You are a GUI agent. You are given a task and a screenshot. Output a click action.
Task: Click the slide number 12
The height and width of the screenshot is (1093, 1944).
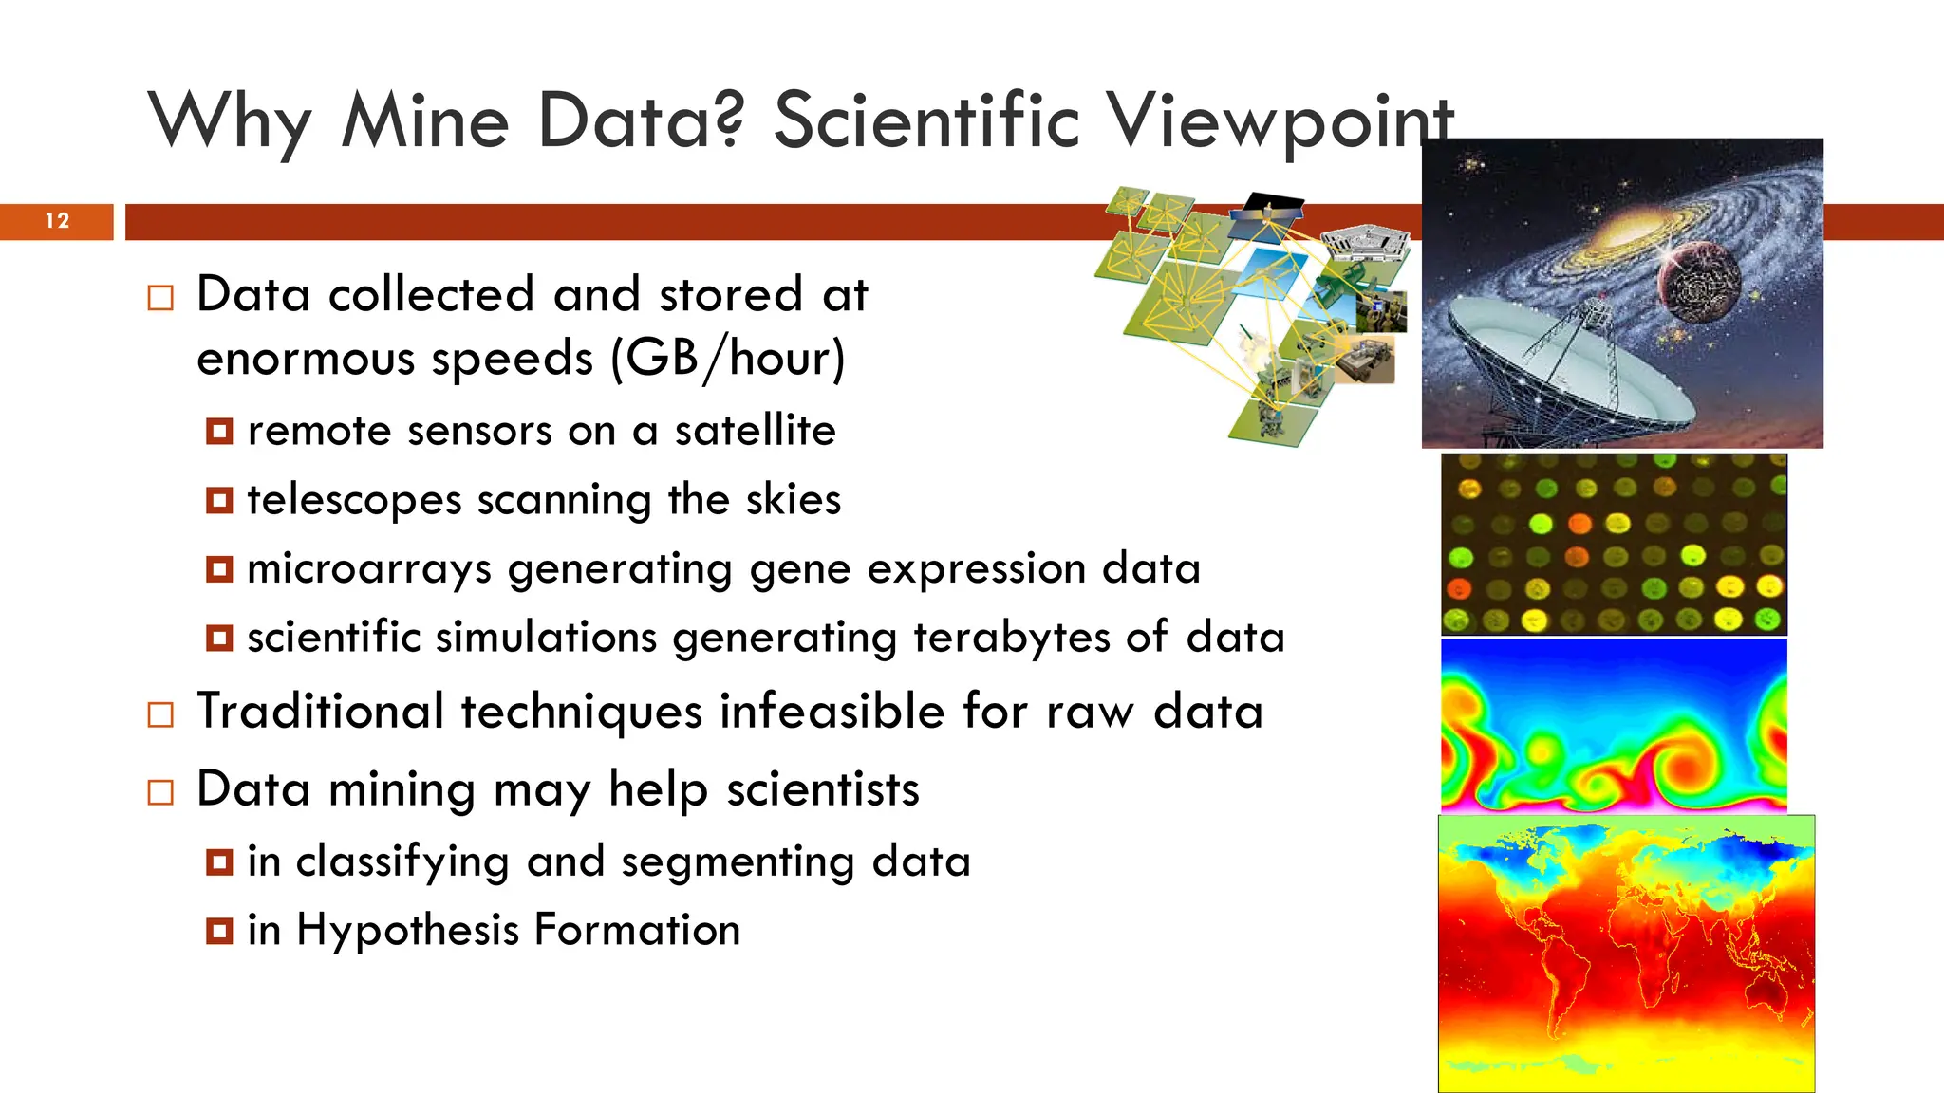(x=57, y=221)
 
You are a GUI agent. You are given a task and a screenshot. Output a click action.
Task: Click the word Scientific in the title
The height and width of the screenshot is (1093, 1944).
(x=926, y=121)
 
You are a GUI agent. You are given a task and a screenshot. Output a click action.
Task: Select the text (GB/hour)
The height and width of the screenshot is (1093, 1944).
(x=727, y=359)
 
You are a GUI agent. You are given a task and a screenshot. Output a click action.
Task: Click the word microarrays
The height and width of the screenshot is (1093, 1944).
(x=369, y=569)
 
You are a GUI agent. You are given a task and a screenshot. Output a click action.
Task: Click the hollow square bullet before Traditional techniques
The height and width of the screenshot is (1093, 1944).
(x=160, y=714)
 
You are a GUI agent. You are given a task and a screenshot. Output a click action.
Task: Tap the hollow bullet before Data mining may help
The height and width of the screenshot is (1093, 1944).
(x=160, y=792)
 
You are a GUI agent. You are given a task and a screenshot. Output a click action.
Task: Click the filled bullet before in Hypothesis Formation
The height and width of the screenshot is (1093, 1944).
(x=219, y=931)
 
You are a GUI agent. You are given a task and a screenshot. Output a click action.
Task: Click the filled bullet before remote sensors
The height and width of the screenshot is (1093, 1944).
(x=219, y=432)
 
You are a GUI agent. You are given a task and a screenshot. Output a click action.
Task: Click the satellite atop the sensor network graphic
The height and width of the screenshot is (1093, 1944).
(x=1267, y=211)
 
